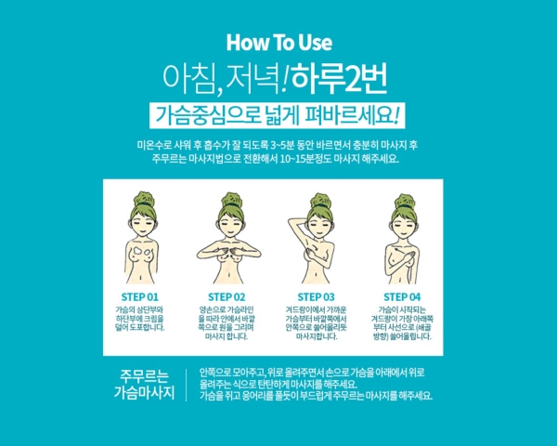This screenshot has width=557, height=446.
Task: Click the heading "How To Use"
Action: tap(279, 43)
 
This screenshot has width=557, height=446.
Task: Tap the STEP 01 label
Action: tap(140, 297)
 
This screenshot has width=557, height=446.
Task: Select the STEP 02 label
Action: tap(227, 297)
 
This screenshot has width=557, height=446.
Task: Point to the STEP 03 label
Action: tap(317, 297)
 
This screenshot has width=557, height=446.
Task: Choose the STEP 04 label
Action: tap(402, 297)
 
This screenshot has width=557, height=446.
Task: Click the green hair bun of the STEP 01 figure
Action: tap(144, 199)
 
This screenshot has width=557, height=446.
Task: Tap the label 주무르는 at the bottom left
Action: tap(144, 376)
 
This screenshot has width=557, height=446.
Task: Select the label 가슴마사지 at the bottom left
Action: tap(144, 393)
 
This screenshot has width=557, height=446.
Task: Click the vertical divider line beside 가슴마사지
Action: tap(187, 386)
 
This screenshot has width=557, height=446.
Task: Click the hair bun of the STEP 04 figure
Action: tap(405, 201)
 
